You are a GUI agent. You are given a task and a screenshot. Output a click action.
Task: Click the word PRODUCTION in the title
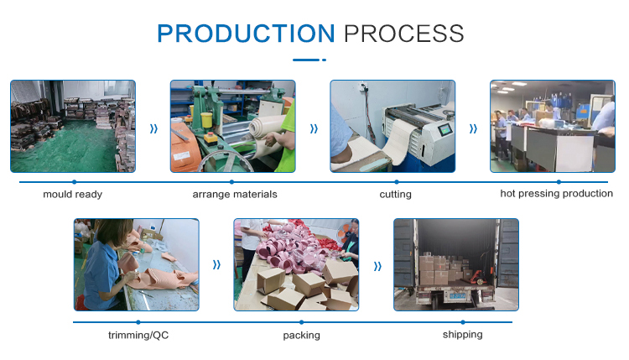[246, 34]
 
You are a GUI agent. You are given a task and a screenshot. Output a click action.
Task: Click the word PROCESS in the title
[404, 34]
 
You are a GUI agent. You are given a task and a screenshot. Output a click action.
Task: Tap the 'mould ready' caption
[73, 194]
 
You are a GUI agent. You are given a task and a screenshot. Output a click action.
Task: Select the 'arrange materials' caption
[235, 194]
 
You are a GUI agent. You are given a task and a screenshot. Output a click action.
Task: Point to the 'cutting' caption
[396, 194]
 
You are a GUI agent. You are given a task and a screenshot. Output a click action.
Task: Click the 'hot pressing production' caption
[556, 194]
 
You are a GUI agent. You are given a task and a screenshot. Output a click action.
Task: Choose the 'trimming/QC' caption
[138, 335]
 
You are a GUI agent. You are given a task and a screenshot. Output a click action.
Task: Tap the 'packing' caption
[302, 335]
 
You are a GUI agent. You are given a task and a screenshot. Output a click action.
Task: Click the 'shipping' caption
[462, 334]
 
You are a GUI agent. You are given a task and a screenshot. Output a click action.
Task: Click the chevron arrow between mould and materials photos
[153, 128]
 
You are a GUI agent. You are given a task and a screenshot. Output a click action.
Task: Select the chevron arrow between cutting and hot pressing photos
[473, 128]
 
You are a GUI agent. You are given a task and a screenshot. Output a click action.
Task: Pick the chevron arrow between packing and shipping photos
[377, 267]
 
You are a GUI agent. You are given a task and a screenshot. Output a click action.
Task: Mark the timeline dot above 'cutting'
[397, 182]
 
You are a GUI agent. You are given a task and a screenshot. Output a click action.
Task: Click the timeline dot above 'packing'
[302, 322]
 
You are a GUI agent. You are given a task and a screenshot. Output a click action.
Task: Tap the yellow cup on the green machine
[206, 120]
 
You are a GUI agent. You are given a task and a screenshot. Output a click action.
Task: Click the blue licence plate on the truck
[457, 296]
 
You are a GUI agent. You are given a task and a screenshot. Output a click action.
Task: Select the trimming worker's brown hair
[113, 232]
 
